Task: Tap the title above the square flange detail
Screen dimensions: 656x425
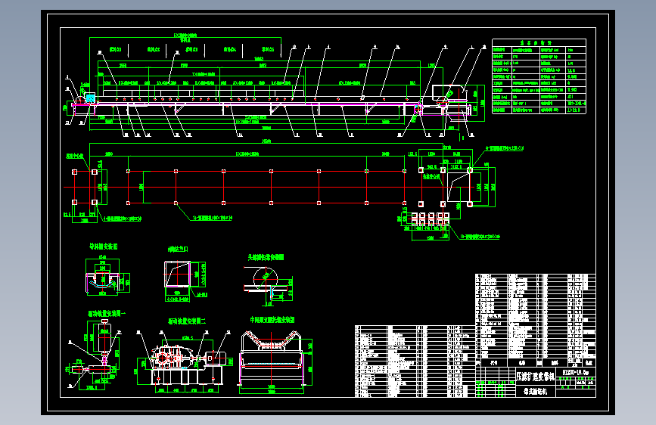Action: coord(178,248)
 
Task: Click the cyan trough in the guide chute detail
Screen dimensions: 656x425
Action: coord(103,281)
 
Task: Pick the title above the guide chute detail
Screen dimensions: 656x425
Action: coord(103,247)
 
